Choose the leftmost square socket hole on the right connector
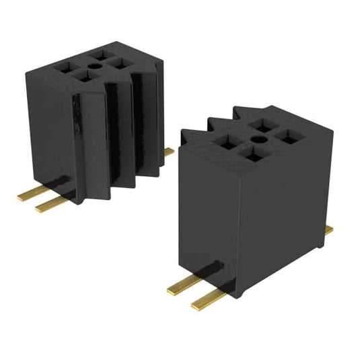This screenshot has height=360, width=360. click(x=227, y=141)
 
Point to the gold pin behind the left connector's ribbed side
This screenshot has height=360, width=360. click(x=168, y=152)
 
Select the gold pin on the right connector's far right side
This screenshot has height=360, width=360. click(x=328, y=231)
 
